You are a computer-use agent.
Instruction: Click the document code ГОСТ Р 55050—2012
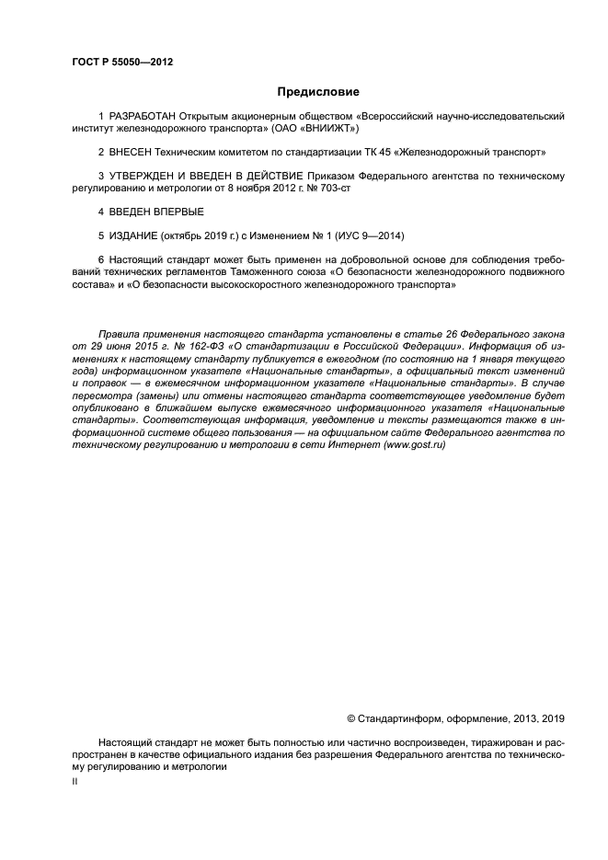[122, 62]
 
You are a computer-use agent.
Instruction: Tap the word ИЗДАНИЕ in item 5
[133, 235]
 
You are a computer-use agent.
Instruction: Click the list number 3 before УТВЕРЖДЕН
[100, 175]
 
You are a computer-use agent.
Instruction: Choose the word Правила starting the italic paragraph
[120, 332]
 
